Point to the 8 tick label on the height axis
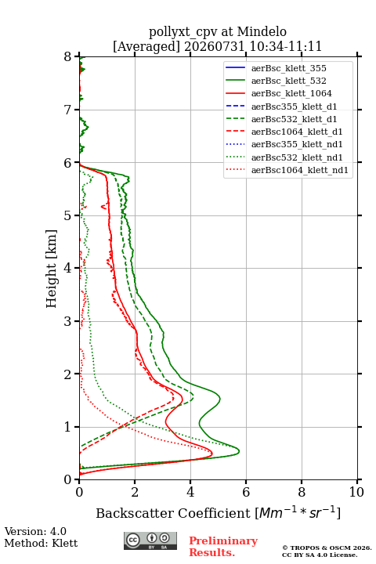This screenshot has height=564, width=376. (x=68, y=57)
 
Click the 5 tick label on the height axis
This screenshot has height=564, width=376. (x=68, y=216)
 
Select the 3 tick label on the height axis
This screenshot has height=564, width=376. (x=68, y=321)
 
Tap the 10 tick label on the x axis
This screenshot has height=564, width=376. (x=356, y=492)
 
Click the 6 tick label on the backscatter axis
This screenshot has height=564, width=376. (x=246, y=492)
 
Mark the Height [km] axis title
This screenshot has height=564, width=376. (x=52, y=269)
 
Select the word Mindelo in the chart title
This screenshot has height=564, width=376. (x=262, y=31)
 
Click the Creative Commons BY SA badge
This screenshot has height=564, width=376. (x=150, y=541)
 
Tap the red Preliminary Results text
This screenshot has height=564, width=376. (x=223, y=547)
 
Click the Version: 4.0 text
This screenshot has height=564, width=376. (x=35, y=531)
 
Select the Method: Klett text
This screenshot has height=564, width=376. (x=41, y=543)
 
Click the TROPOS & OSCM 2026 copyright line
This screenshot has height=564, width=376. (x=327, y=548)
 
